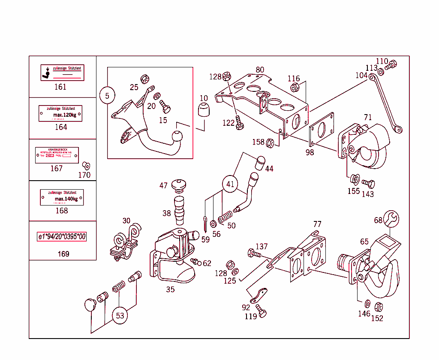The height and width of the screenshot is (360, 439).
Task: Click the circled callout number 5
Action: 107,95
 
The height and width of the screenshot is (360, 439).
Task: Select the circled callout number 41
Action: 231,184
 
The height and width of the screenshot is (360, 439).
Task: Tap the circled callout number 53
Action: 120,316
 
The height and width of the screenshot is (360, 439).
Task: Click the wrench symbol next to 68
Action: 391,218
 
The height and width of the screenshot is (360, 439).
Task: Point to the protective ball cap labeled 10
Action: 204,110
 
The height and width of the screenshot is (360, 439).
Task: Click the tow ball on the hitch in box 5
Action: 177,138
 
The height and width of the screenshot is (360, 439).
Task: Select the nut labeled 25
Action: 145,79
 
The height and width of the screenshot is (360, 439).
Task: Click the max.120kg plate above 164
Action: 60,114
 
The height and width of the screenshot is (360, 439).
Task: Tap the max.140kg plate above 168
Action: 62,197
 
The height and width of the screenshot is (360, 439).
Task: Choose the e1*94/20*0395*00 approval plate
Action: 62,237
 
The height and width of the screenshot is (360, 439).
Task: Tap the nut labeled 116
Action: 295,88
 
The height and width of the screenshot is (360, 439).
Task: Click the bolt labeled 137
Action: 253,254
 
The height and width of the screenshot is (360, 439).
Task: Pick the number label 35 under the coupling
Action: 170,290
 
